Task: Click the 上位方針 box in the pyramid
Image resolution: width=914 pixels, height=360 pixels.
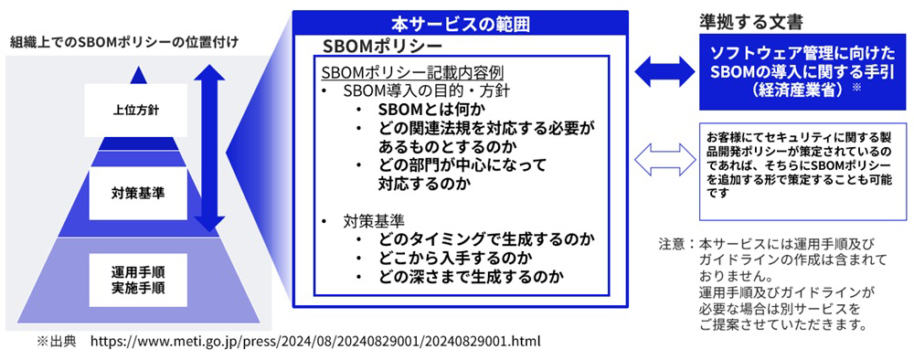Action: point(136,110)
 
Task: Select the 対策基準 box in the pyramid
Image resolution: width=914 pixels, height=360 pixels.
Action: point(138,194)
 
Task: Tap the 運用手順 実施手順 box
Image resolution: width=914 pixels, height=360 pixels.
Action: point(138,280)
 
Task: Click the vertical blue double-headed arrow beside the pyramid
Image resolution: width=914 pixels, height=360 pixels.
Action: point(209,148)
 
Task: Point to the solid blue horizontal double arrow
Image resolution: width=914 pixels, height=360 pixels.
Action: point(664,72)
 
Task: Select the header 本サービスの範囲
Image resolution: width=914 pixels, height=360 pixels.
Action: point(460,25)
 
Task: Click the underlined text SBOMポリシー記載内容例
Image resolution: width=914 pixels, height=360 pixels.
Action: point(413,73)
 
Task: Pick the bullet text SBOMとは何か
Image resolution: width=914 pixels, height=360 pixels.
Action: point(432,109)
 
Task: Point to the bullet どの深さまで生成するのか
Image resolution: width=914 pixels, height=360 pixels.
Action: point(471,275)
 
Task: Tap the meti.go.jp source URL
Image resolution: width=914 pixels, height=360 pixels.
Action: point(315,341)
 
